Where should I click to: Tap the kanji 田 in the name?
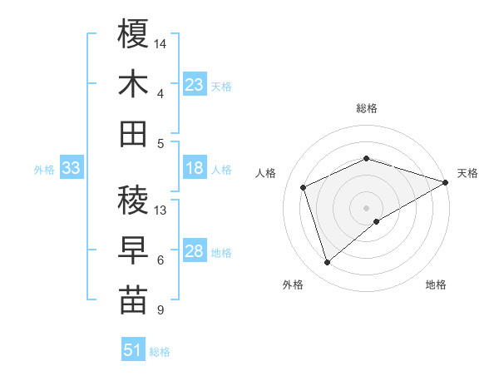pyautogui.click(x=133, y=133)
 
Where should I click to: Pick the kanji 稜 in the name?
pyautogui.click(x=133, y=200)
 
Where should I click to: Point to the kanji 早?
pyautogui.click(x=133, y=250)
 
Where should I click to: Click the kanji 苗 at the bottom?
pyautogui.click(x=133, y=299)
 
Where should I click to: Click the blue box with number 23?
pyautogui.click(x=195, y=85)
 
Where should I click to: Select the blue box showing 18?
pyautogui.click(x=195, y=169)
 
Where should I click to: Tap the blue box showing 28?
pyautogui.click(x=195, y=252)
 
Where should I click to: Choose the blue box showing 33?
pyautogui.click(x=71, y=169)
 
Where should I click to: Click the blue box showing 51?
pyautogui.click(x=133, y=350)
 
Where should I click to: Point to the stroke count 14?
pyautogui.click(x=161, y=42)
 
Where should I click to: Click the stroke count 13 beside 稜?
pyautogui.click(x=161, y=210)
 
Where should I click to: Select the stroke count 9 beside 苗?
pyautogui.click(x=160, y=310)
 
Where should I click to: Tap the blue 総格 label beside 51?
pyautogui.click(x=160, y=351)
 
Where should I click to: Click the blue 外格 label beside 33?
pyautogui.click(x=44, y=170)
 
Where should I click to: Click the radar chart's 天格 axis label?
pyautogui.click(x=467, y=173)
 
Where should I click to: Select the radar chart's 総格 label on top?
pyautogui.click(x=366, y=108)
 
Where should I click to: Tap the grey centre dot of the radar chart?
pyautogui.click(x=366, y=207)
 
